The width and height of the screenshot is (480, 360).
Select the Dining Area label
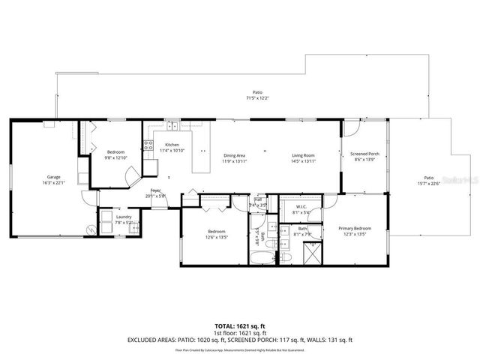pyautogui.click(x=234, y=156)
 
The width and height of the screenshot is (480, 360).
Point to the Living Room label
pyautogui.click(x=303, y=156)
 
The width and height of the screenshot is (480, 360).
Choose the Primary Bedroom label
pyautogui.click(x=355, y=228)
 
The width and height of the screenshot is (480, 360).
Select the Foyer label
pyautogui.click(x=155, y=190)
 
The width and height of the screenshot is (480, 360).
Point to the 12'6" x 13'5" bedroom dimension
pyautogui.click(x=217, y=237)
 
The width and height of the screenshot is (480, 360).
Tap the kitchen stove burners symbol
pyautogui.click(x=148, y=145)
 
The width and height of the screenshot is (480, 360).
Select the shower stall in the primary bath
pyautogui.click(x=310, y=254)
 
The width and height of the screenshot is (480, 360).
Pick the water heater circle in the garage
pyautogui.click(x=91, y=229)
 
